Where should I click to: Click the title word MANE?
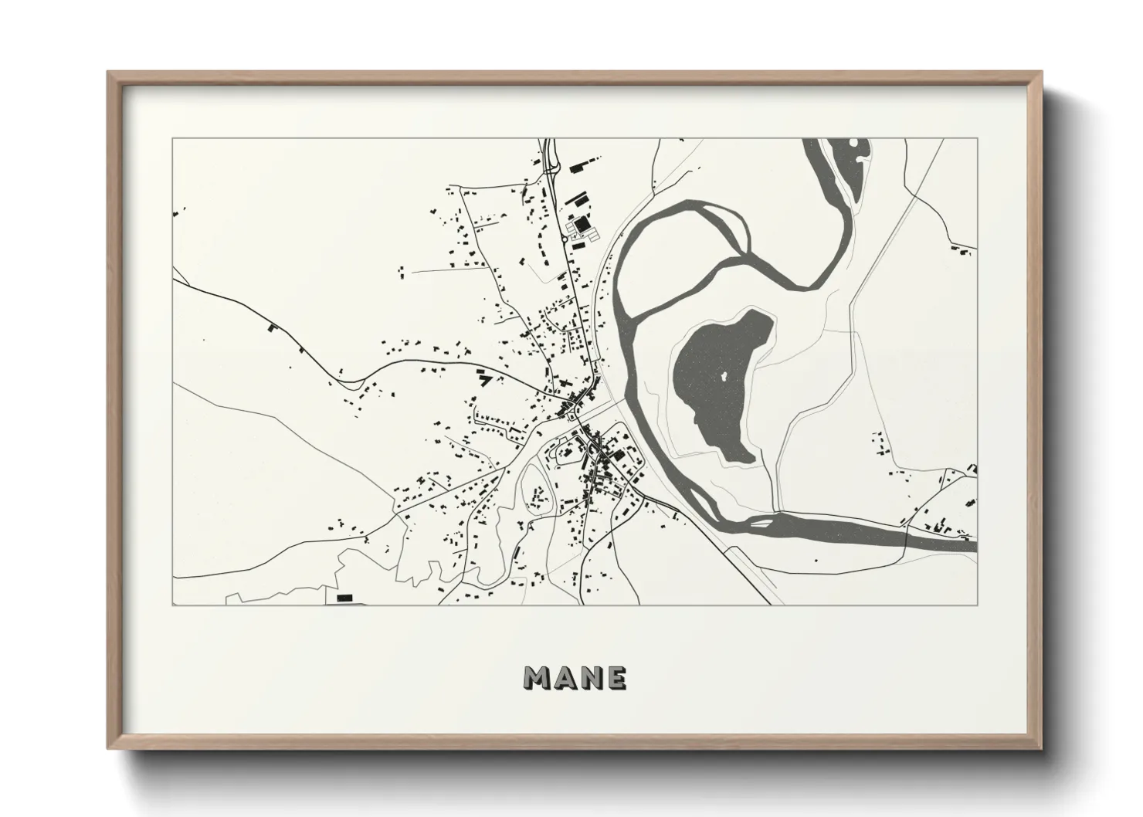575,677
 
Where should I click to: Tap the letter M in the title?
538,677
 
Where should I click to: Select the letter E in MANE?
616,677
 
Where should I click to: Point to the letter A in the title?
564,677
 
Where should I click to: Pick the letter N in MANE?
590,677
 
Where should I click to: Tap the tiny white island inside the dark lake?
724,377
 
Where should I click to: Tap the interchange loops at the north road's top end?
551,158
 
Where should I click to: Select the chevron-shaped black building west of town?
484,378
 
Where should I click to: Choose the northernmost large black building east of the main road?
575,165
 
